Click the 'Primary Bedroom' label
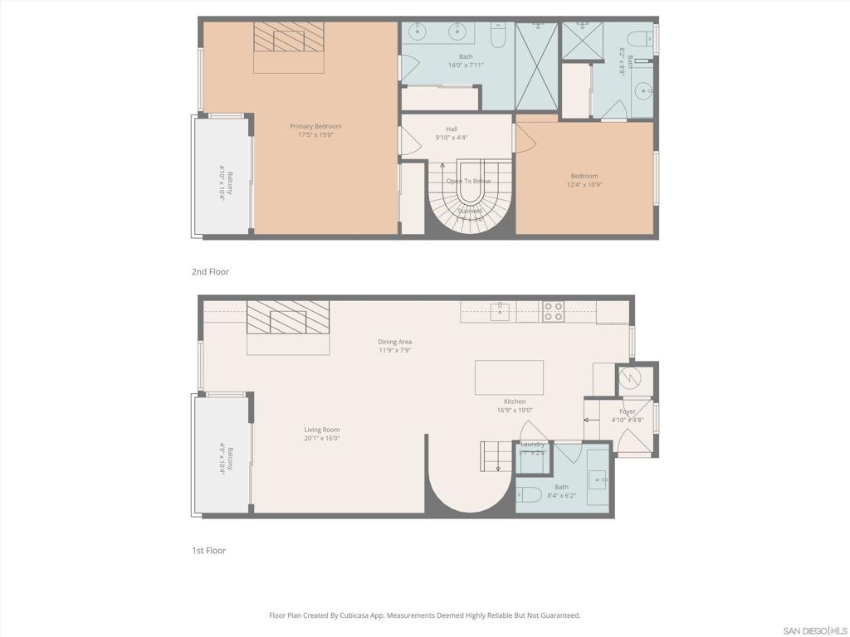pos(315,126)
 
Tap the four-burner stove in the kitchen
pos(553,312)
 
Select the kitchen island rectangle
pos(509,377)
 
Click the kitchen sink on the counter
pos(500,312)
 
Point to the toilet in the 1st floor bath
pos(529,495)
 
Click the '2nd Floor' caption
pos(210,272)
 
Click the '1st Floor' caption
pos(208,551)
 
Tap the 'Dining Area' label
pos(394,342)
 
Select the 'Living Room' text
pos(321,430)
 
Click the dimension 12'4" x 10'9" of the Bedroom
pos(584,185)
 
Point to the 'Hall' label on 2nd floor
pos(452,129)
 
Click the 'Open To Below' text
pos(468,181)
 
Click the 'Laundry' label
pos(532,445)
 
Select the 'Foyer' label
pos(628,411)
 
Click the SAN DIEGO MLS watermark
pos(814,630)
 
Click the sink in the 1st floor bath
pos(598,479)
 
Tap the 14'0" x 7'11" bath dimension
pos(466,66)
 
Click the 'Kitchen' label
pos(514,401)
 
